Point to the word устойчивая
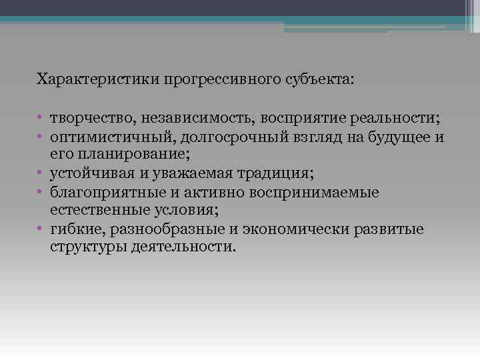(x=89, y=174)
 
